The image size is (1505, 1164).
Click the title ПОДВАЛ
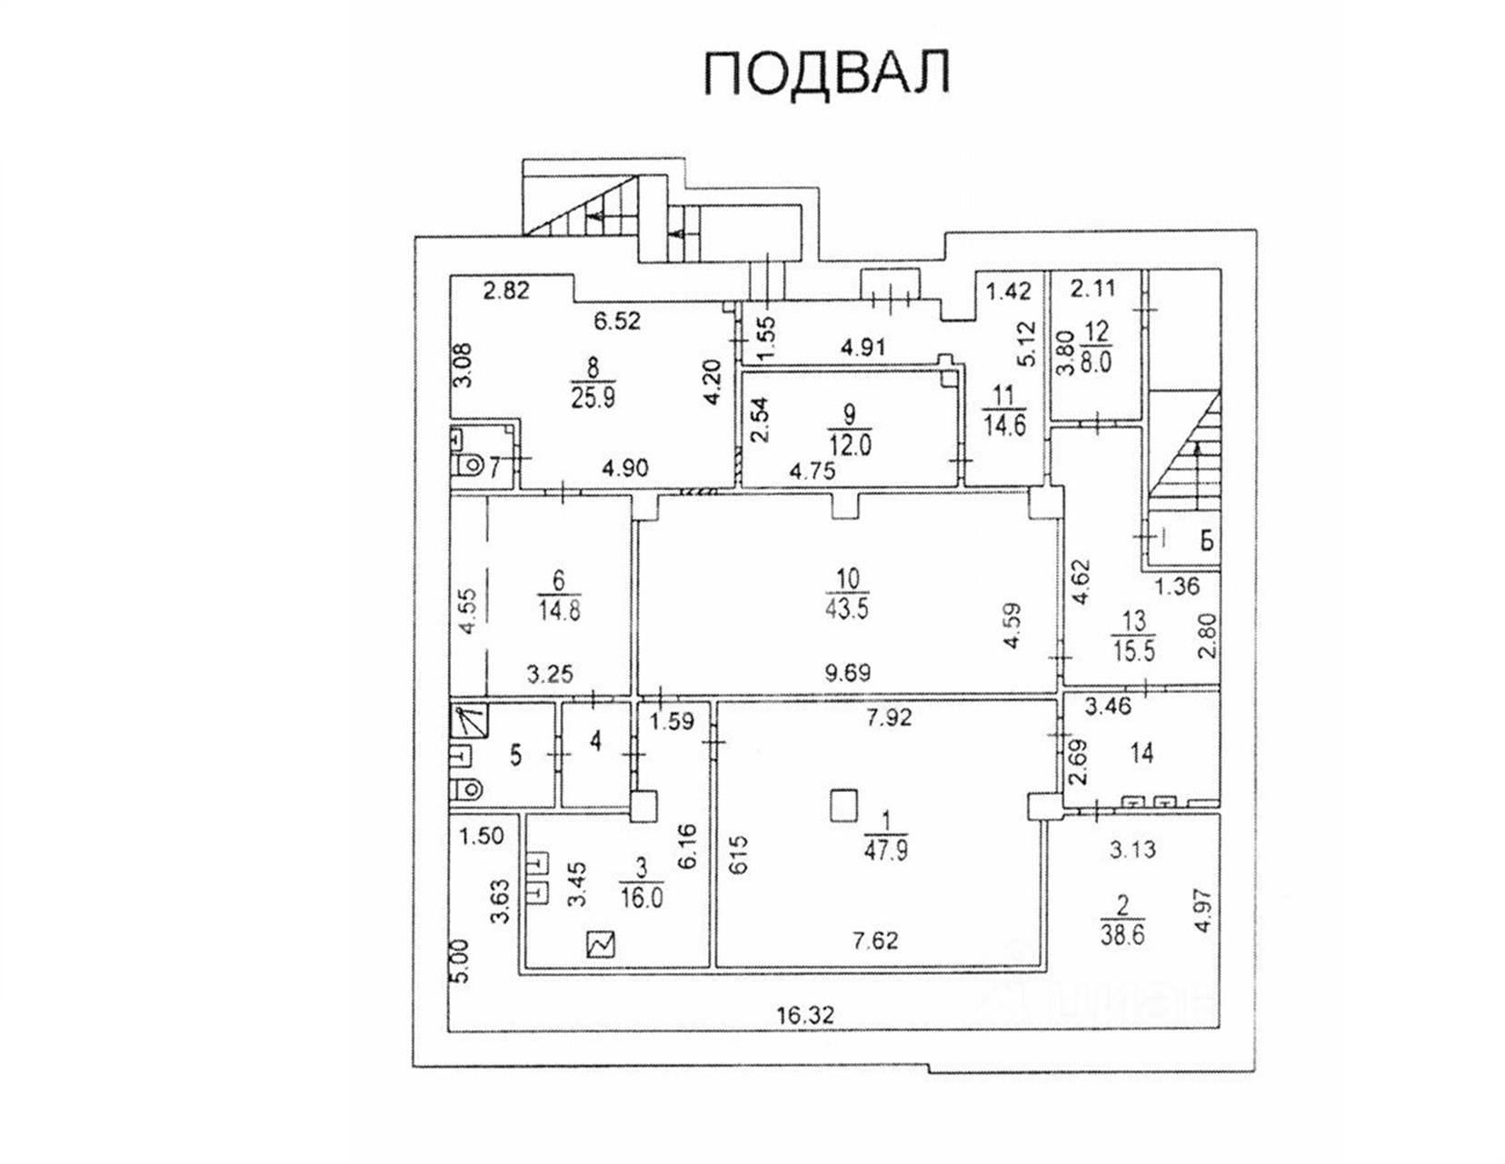point(827,73)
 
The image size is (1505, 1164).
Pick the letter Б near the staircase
point(1206,541)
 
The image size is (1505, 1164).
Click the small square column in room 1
point(844,805)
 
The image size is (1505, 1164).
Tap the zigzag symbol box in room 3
point(602,945)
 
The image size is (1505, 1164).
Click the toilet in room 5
point(467,788)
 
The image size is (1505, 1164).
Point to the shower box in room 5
point(469,721)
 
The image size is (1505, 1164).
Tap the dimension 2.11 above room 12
point(1092,289)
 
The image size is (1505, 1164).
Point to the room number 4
point(595,742)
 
